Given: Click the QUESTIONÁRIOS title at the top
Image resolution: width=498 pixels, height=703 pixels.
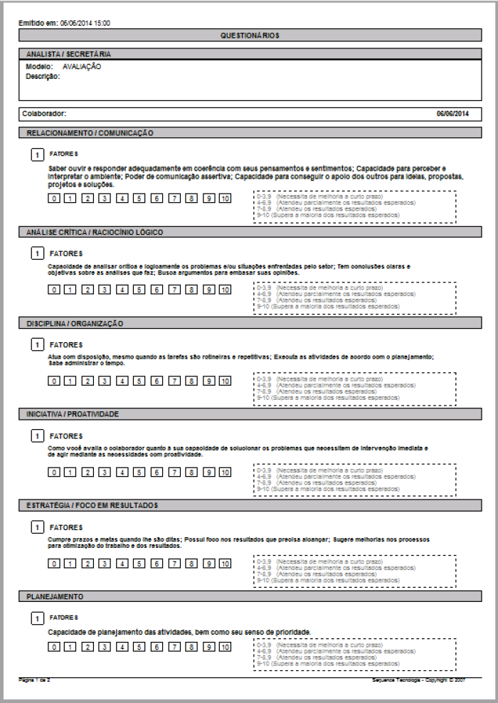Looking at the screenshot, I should pyautogui.click(x=250, y=35).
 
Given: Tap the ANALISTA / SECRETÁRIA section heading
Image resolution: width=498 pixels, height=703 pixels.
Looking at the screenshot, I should pyautogui.click(x=68, y=54).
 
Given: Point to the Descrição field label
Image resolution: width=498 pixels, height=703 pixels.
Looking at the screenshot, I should pyautogui.click(x=42, y=76).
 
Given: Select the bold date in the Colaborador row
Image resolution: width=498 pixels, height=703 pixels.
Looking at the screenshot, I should pyautogui.click(x=452, y=113).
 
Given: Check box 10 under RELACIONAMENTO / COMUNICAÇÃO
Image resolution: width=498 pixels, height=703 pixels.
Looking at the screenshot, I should pyautogui.click(x=225, y=199).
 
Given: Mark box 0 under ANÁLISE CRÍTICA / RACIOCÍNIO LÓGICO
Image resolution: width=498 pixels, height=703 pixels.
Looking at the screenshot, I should pyautogui.click(x=54, y=290).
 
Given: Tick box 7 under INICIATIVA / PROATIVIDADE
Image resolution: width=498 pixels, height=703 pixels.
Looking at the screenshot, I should pyautogui.click(x=174, y=472).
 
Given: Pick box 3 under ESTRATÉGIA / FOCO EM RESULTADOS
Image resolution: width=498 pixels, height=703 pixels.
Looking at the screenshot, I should pyautogui.click(x=105, y=563).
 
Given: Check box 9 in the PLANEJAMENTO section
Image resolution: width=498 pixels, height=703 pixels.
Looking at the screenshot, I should pyautogui.click(x=208, y=647).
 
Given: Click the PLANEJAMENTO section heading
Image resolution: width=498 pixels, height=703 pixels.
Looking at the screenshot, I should pyautogui.click(x=55, y=596).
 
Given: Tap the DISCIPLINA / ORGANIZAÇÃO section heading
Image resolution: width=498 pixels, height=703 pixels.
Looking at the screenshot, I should pyautogui.click(x=75, y=323).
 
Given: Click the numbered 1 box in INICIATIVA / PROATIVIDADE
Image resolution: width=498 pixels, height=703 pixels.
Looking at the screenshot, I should pyautogui.click(x=37, y=436).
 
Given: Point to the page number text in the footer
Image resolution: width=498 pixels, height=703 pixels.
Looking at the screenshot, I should pyautogui.click(x=34, y=680).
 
